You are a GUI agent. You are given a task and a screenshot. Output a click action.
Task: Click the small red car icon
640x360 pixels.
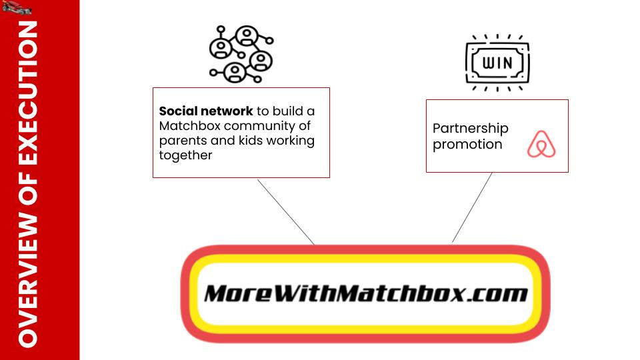[x=17, y=7]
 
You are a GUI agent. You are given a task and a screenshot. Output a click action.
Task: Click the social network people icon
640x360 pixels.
[x=241, y=53]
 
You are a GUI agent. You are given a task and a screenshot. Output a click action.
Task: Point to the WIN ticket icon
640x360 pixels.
[x=497, y=63]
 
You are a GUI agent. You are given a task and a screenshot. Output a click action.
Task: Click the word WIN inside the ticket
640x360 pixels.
[x=497, y=64]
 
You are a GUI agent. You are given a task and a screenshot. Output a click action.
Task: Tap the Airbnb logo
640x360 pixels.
[x=541, y=144]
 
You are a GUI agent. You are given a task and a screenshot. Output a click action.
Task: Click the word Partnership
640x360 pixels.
[x=470, y=128]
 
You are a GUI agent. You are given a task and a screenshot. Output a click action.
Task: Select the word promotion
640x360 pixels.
[x=467, y=144]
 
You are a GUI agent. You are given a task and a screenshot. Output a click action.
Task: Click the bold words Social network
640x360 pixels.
[x=206, y=111]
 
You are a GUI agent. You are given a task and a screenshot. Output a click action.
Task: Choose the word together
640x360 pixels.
[x=185, y=155]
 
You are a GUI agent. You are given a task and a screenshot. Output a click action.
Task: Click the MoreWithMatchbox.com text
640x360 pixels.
[x=365, y=293]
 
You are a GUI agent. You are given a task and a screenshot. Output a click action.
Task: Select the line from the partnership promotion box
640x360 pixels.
[x=472, y=207]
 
